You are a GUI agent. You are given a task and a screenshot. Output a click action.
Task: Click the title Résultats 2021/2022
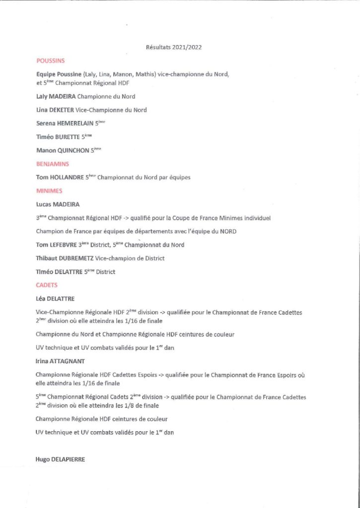[173, 48]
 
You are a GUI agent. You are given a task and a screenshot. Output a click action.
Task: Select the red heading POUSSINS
[51, 61]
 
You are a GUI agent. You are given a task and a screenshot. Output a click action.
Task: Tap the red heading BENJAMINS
[53, 163]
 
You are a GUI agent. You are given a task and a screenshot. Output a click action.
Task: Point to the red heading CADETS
[47, 285]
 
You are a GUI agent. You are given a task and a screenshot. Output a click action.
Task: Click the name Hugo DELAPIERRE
[60, 459]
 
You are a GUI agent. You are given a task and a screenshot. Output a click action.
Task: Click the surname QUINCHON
[72, 150]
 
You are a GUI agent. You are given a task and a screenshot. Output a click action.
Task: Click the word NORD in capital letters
[228, 231]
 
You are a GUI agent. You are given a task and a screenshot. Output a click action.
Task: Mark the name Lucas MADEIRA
[58, 204]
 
